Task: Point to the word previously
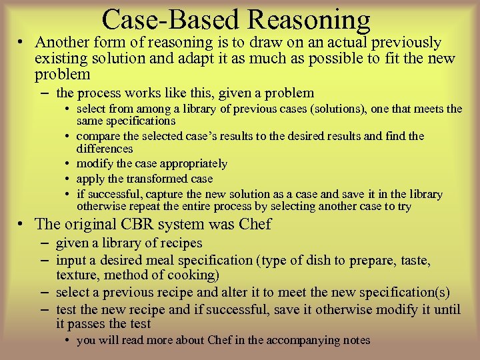[x=403, y=43]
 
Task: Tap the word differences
[x=105, y=149]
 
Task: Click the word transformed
[x=151, y=179]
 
